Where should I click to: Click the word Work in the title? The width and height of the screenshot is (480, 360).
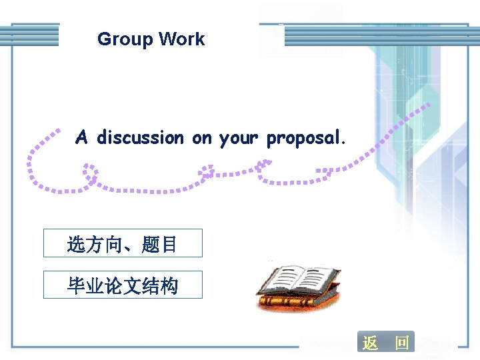(x=182, y=39)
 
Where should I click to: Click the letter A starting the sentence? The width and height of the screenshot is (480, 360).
(x=81, y=138)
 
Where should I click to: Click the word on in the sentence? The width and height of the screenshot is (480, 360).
(x=201, y=138)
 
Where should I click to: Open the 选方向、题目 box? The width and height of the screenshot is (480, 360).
(x=123, y=244)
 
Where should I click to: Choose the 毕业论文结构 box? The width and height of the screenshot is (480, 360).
(x=123, y=285)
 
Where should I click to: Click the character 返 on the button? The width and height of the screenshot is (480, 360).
(x=370, y=343)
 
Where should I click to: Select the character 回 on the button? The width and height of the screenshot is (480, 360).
(x=401, y=343)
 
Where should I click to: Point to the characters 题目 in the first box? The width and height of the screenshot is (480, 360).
(x=160, y=245)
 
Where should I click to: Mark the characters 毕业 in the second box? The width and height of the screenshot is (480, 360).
(x=85, y=286)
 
